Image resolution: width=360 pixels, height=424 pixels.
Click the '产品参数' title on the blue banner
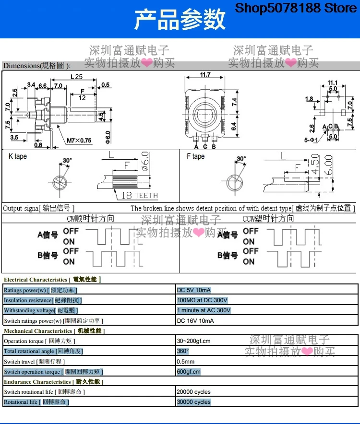(180, 20)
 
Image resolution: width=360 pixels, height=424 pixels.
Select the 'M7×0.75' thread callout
(79, 140)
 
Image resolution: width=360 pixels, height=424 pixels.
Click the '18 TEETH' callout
(139, 196)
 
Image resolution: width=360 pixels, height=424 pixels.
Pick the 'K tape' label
(18, 156)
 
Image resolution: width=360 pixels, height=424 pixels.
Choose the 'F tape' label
(195, 156)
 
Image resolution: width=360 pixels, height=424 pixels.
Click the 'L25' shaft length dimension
(76, 77)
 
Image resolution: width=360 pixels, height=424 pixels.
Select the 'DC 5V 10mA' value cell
(194, 290)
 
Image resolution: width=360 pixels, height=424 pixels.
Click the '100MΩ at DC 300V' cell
(202, 300)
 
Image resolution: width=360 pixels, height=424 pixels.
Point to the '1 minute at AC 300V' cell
(204, 310)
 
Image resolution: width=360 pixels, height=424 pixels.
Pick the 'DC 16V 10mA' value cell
(195, 321)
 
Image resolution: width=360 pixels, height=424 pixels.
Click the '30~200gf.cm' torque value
(193, 341)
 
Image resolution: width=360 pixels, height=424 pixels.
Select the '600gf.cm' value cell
(189, 372)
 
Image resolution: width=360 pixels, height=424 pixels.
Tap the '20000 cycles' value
(194, 392)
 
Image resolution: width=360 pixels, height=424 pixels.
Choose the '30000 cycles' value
(194, 402)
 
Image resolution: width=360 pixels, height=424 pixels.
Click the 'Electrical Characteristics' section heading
(36, 280)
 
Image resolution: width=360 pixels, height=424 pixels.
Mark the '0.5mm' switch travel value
(185, 362)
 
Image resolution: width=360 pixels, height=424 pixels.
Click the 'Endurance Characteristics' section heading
(37, 382)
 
